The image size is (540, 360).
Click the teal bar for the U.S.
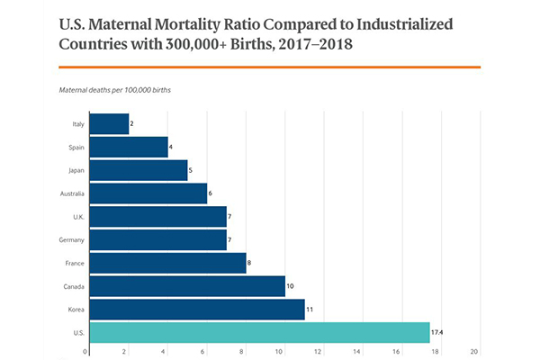(259, 332)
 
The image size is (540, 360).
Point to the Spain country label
(76, 147)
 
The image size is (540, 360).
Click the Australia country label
(71, 193)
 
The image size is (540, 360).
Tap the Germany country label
(71, 240)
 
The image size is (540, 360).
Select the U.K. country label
(77, 217)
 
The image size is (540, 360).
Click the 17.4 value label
(438, 333)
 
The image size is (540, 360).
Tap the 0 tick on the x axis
(85, 352)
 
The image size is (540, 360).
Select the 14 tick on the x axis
(357, 352)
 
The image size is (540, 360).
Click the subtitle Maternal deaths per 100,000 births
(115, 91)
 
